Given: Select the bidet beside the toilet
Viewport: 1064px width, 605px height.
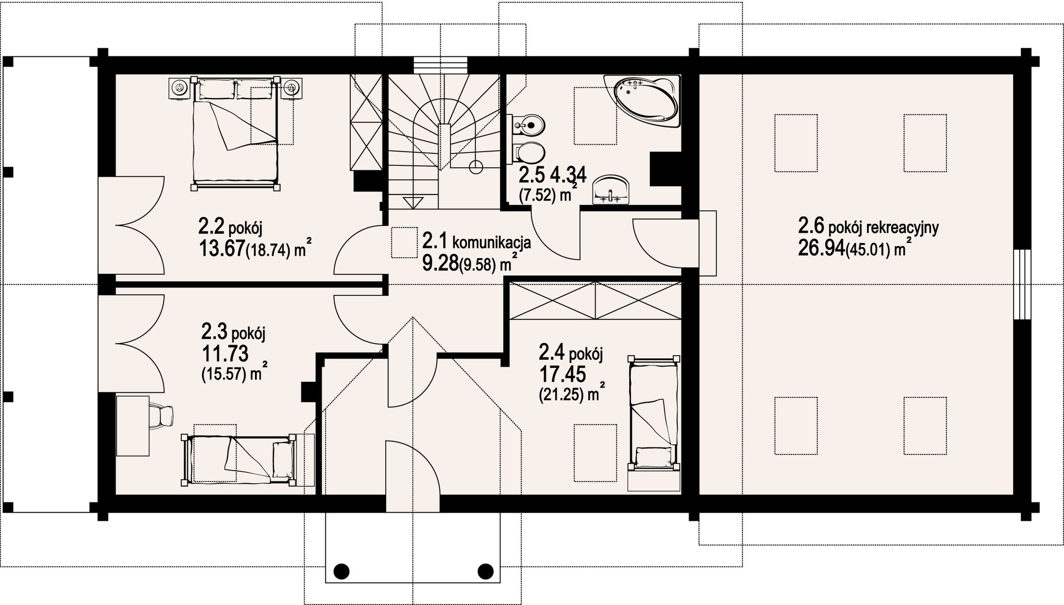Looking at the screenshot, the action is click(x=529, y=124).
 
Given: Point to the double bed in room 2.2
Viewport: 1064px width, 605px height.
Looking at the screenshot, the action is click(x=236, y=133).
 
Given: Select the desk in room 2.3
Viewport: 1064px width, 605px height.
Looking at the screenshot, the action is click(x=133, y=425).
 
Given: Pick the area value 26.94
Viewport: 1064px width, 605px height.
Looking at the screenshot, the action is click(x=822, y=248).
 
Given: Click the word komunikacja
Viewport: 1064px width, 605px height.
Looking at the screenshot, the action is click(x=492, y=242).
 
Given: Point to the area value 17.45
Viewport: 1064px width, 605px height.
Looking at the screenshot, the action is click(x=563, y=375).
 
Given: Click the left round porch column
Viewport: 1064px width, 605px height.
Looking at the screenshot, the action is click(x=341, y=571).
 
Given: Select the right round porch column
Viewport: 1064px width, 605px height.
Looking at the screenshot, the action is click(x=485, y=571).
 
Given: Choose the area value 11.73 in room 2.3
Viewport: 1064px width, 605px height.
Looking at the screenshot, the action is click(x=225, y=353).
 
